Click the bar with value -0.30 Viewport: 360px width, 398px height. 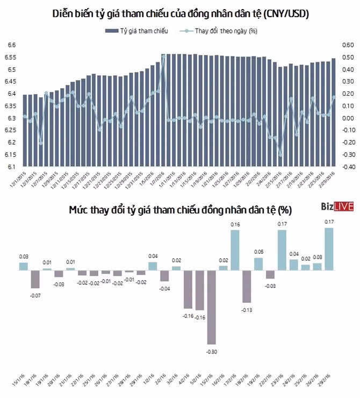(212, 307)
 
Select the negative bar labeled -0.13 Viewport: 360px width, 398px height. (247, 286)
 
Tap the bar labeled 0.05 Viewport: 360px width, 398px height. (258, 264)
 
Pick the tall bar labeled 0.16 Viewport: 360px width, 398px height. (235, 250)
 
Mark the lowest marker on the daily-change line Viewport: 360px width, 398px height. (280, 155)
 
